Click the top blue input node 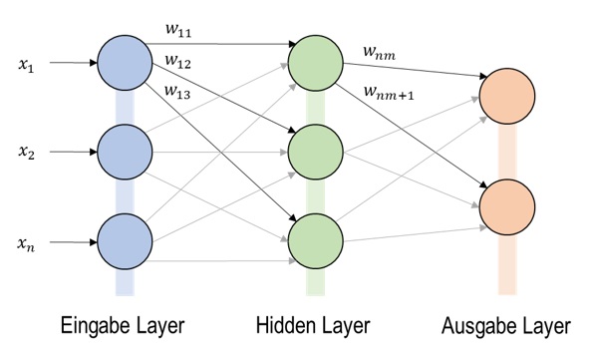125,63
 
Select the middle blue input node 125,153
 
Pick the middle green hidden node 316,153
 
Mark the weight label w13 178,93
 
